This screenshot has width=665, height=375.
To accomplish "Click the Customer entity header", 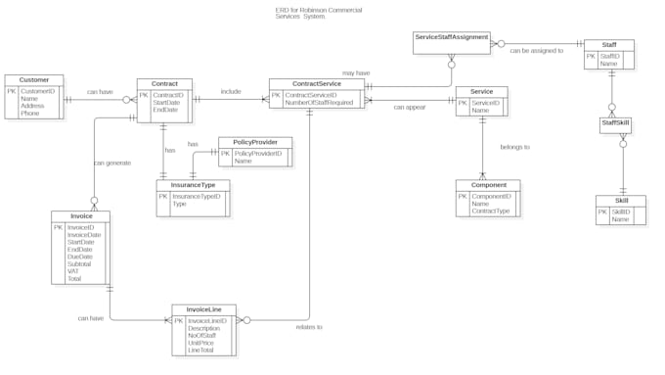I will (x=33, y=80).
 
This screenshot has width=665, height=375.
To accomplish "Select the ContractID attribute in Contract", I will (x=167, y=95).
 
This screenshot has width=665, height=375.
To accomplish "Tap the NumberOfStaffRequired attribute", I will (x=318, y=102).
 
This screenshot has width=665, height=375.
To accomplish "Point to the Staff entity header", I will (x=608, y=45).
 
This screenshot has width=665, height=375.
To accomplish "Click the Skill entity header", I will (x=620, y=201).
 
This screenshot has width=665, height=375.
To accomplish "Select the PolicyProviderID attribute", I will (x=257, y=154).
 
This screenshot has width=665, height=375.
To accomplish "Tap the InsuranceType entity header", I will (x=193, y=184).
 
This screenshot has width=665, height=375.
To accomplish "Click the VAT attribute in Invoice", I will (x=73, y=271).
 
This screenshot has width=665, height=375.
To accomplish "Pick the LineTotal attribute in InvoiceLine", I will (x=201, y=350).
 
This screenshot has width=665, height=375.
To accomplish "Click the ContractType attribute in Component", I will (x=491, y=211).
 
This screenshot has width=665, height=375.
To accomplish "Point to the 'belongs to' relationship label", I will (x=514, y=147).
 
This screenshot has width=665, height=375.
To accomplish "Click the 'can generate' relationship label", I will (x=112, y=163).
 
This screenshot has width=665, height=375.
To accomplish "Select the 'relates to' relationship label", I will (x=308, y=326).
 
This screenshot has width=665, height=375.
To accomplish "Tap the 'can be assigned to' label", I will (x=537, y=50).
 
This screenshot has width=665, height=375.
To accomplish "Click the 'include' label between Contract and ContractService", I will (x=231, y=91).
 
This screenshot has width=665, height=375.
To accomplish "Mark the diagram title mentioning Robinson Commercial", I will (x=332, y=13).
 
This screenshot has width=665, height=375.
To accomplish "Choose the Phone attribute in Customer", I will (x=30, y=113).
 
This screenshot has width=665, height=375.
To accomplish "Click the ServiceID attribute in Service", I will (x=485, y=103).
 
